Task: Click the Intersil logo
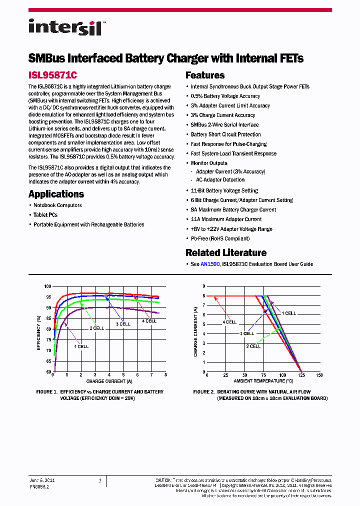point(65,26)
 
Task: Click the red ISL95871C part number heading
point(52,75)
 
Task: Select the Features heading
point(205,75)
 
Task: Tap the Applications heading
point(56,194)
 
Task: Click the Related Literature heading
point(225,252)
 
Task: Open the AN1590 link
point(210,264)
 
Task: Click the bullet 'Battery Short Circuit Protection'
point(225,134)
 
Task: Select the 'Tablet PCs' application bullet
point(45,215)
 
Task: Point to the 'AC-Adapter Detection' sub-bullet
point(220,179)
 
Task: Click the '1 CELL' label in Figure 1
point(81,346)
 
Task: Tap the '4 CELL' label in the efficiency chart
point(149,321)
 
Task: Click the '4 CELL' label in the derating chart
point(229,322)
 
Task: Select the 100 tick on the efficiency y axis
point(47,286)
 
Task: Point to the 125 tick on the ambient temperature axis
point(301,375)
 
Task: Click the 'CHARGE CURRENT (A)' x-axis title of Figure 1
point(108,381)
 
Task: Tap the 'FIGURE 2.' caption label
point(205,392)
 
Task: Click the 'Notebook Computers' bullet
point(57,205)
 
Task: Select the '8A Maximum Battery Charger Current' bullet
point(233,210)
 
